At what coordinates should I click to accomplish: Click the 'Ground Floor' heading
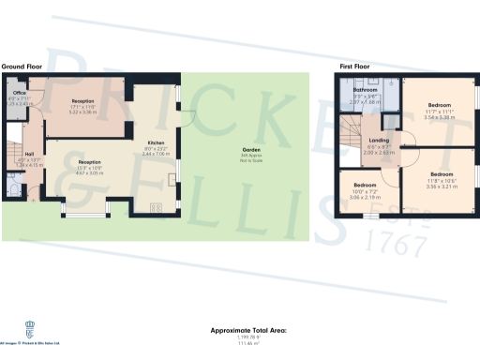pyautogui.click(x=22, y=67)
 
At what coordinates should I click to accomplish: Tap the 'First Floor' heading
pyautogui.click(x=354, y=67)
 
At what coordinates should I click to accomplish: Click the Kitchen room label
pyautogui.click(x=155, y=143)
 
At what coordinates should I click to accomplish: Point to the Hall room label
pyautogui.click(x=29, y=155)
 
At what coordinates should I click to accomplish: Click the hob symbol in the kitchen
pyautogui.click(x=155, y=208)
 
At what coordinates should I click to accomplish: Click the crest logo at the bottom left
pyautogui.click(x=28, y=328)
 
